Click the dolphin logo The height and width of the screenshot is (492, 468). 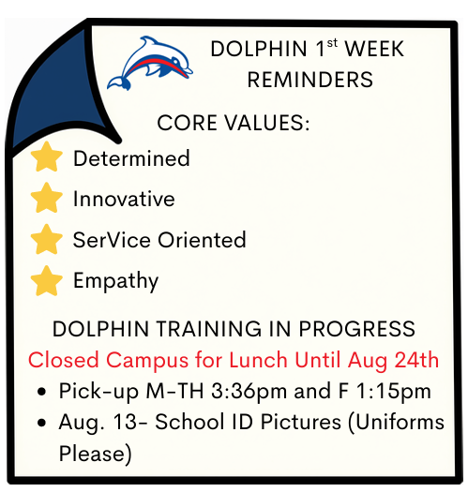coord(149,64)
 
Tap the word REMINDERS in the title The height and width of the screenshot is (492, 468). coord(310,80)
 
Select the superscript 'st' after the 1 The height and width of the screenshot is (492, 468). coord(332,43)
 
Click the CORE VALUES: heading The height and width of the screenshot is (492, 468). coord(234,123)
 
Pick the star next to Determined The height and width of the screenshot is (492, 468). coord(47,157)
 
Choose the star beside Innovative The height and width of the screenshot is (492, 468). coord(47,198)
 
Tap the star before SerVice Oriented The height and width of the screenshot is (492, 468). coord(47,239)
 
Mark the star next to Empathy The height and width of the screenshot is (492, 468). coord(47,280)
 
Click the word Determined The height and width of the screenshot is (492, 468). coord(131,157)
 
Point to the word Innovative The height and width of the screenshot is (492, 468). coord(124,199)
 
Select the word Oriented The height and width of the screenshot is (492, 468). coord(202,240)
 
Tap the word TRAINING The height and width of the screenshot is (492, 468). coord(209,329)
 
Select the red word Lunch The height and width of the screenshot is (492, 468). coord(258,360)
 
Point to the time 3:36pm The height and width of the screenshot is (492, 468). coord(249,392)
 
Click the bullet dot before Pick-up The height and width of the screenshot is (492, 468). coord(41,392)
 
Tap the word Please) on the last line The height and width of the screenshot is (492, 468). coord(95,454)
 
